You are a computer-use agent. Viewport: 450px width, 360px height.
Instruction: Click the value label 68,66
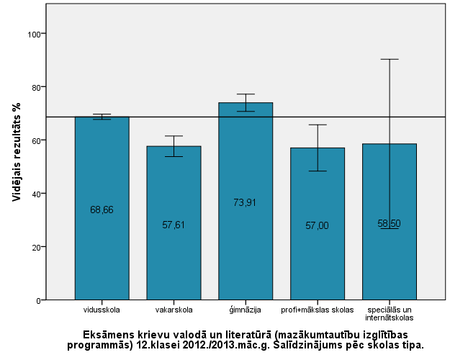[102, 210]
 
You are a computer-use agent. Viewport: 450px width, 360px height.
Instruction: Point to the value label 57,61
[174, 225]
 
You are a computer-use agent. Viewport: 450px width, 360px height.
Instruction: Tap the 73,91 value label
[246, 202]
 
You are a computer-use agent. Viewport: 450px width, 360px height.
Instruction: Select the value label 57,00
[318, 225]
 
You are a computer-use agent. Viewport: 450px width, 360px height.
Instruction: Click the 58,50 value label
[390, 223]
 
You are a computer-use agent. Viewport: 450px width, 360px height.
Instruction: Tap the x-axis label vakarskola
[173, 310]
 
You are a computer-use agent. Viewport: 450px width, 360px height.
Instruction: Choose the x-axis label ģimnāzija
[246, 310]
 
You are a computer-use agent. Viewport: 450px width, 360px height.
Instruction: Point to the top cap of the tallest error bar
[390, 59]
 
